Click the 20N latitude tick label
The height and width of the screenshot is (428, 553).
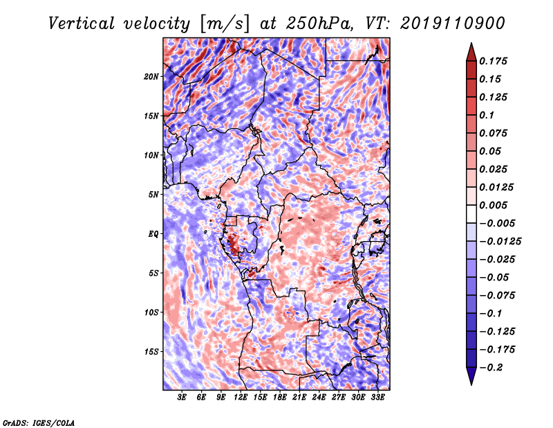point(151,76)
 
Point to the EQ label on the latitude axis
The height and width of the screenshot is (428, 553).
point(153,234)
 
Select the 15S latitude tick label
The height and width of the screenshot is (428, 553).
point(151,352)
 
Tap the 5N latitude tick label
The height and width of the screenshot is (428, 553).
point(153,195)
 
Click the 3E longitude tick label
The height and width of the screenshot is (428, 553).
point(182,398)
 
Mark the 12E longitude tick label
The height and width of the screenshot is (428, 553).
point(241,398)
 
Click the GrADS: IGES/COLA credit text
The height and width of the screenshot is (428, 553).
point(38,422)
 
